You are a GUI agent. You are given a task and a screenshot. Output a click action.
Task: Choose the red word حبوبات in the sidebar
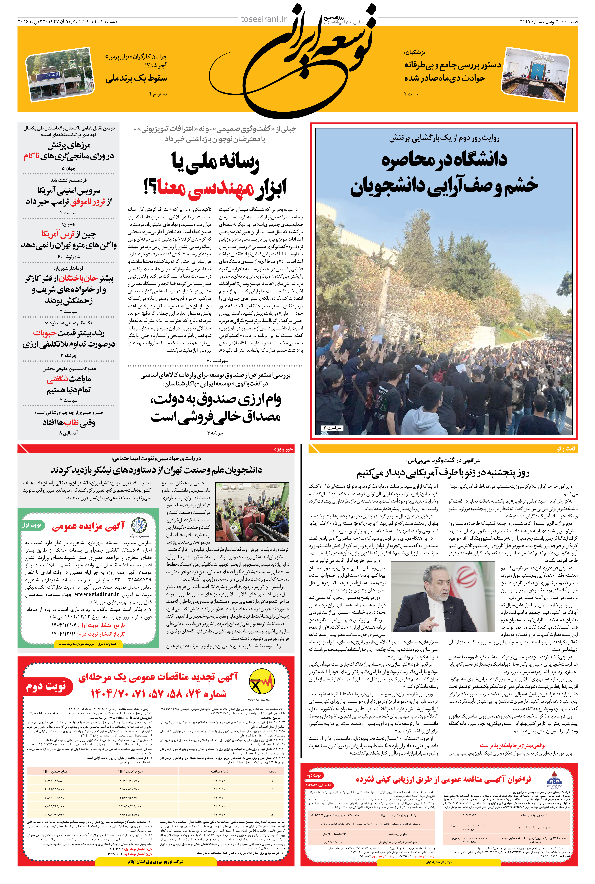click(x=45, y=333)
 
